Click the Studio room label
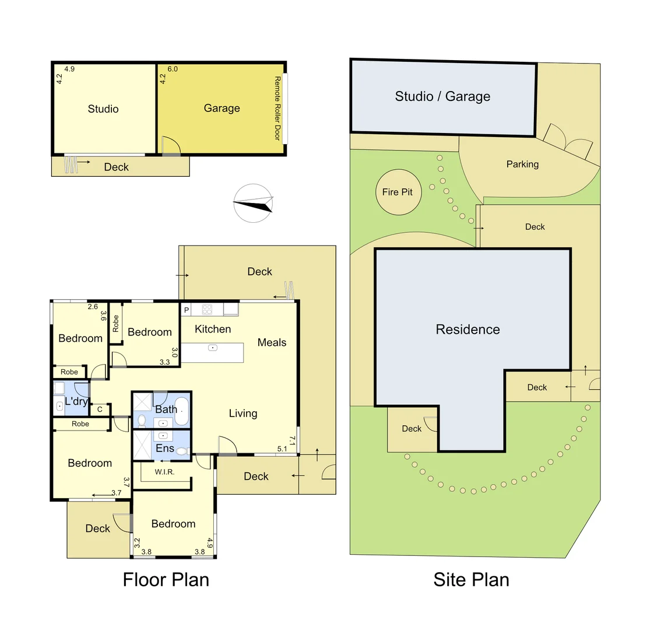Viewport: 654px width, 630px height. coord(103,109)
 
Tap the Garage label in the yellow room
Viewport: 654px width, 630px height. coord(221,108)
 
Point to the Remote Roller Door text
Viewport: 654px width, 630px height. coord(277,108)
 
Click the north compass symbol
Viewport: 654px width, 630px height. coord(253,203)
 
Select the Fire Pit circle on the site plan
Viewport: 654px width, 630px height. coord(398,192)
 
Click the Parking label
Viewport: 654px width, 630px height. coord(522,164)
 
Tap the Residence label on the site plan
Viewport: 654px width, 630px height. coord(467,330)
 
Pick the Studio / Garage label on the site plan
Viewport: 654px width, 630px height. coord(442,97)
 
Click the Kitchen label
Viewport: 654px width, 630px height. coord(213,330)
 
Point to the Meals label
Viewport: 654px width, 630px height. coord(272,342)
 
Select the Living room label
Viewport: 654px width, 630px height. coord(242,414)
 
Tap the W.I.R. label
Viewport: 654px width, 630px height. coord(164,472)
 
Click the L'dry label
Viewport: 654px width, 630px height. coord(76,401)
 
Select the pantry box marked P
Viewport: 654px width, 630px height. coord(187,310)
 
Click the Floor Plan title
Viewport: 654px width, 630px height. coord(166,580)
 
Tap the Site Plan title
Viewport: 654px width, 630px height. coord(471,580)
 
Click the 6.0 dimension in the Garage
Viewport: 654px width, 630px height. coord(173,69)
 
